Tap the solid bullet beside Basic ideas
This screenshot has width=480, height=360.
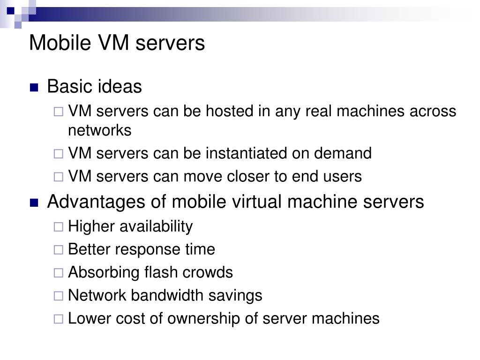point(34,87)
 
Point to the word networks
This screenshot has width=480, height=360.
point(100,130)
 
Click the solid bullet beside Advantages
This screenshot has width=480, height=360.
point(34,202)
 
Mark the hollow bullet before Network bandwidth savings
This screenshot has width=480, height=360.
point(58,296)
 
